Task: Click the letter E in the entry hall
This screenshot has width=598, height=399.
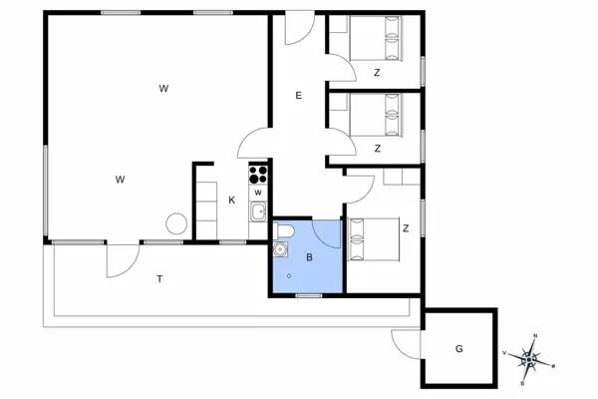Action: pos(298,96)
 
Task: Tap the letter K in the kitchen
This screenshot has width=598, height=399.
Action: pos(232,200)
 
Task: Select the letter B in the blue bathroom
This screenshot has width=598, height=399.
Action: pos(309,257)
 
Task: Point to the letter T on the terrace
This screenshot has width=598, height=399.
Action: pos(159,279)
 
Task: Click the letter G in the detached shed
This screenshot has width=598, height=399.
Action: pos(459,349)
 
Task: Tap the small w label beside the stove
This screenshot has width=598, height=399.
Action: pos(258,192)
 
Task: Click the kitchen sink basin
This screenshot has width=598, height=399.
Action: pos(258,210)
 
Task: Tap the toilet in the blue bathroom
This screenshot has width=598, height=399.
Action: pos(285,232)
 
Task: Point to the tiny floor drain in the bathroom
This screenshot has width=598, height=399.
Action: pos(289,276)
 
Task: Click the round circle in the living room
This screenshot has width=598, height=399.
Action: pos(176,224)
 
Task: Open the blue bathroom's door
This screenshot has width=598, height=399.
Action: pos(327,234)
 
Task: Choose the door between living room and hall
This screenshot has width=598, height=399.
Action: pos(252,145)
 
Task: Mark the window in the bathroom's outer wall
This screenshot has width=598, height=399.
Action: pos(309,295)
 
